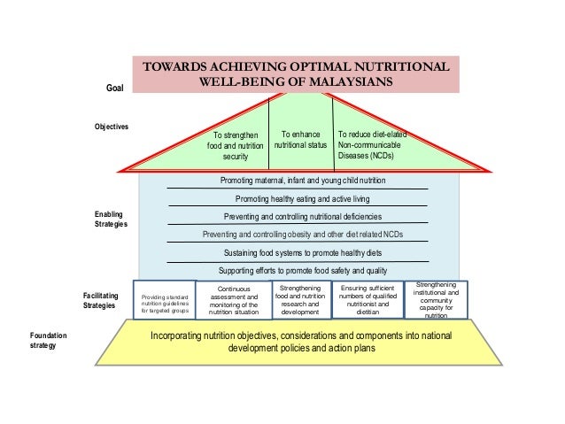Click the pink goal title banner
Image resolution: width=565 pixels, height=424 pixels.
[x=296, y=75]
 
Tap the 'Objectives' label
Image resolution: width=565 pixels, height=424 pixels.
[x=112, y=127]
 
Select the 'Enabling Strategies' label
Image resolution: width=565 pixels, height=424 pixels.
[x=111, y=220]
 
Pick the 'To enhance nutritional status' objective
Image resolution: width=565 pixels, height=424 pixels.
[x=300, y=139]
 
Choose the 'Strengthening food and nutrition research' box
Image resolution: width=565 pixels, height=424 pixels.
[x=299, y=300]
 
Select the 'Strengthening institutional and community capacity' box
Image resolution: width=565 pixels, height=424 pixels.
[x=436, y=300]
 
